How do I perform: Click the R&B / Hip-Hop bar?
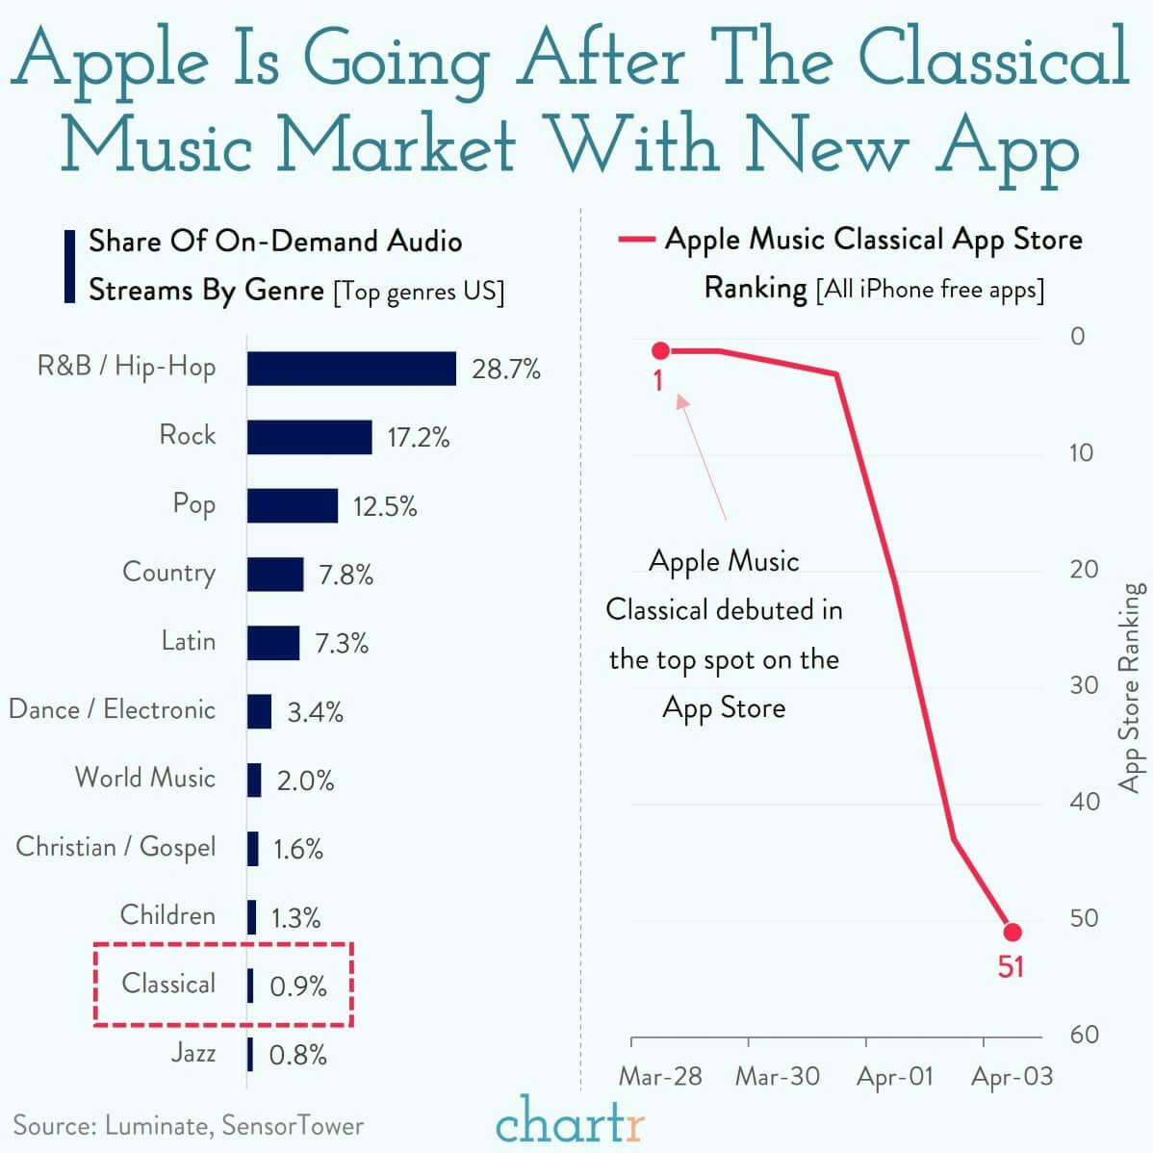coord(351,369)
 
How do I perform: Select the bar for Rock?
coord(309,437)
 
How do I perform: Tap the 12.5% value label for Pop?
coord(385,506)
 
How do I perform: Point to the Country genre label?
coord(168,573)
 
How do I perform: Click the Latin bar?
coord(273,643)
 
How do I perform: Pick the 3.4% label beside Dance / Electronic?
coord(315,712)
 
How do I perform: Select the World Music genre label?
coord(145,778)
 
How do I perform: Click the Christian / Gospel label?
coord(115,847)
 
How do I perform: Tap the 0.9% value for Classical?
coord(298,986)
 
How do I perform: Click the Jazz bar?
coord(250,1055)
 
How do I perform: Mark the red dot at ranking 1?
coord(660,350)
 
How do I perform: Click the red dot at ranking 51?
coord(1012,932)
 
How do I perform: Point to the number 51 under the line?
coord(1011,966)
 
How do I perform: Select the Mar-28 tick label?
coord(660,1076)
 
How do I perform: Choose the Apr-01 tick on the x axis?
coord(895,1076)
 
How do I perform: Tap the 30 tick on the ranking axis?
coord(1084,685)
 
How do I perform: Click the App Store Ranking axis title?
coord(1132,687)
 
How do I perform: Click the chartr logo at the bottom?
coord(571,1121)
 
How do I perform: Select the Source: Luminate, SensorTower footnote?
coord(189,1125)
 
